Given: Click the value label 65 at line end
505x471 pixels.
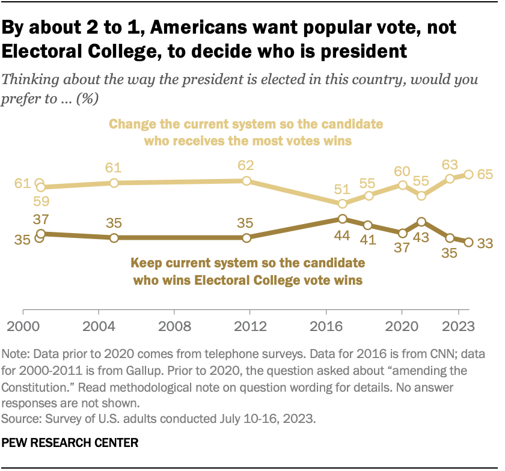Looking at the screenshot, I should [484, 175].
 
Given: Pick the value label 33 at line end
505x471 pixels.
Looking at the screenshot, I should [484, 242].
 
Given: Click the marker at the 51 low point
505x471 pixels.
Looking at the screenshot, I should [342, 204].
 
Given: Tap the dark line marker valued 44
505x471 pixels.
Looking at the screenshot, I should [342, 219].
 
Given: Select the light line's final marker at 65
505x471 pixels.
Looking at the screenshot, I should [469, 175].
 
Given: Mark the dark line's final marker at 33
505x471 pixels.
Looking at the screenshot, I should [469, 242].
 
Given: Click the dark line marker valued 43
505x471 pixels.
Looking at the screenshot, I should [421, 222].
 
